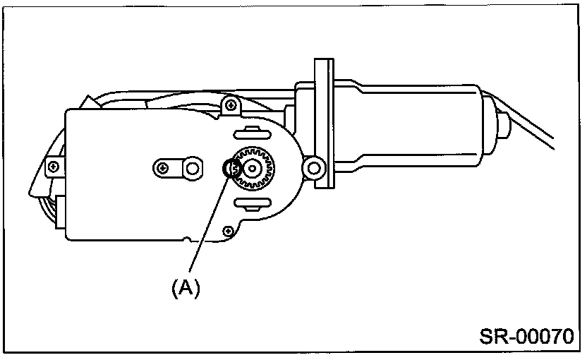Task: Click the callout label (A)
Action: pos(184,287)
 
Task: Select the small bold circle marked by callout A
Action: pos(231,169)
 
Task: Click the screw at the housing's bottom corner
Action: pos(227,230)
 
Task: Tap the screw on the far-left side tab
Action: pos(52,167)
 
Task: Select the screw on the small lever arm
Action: pos(164,168)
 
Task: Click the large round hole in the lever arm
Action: pos(190,168)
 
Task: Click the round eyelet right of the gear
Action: pos(312,167)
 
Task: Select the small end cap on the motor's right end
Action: pos(503,125)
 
